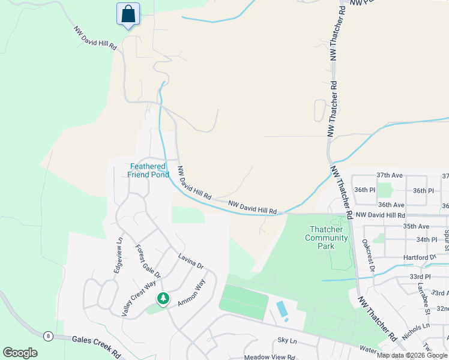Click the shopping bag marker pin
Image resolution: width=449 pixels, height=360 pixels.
[x=128, y=14]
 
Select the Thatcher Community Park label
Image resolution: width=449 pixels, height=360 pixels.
[x=327, y=233]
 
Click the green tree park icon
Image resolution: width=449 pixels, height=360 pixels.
[x=162, y=298]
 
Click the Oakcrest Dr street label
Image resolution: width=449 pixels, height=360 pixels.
[x=368, y=256]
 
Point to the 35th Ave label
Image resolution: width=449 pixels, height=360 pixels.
[x=416, y=226]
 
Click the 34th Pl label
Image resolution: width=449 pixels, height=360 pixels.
[x=427, y=239]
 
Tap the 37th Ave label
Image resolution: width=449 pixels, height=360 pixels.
[x=388, y=175]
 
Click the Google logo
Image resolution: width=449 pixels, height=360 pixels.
[x=20, y=353]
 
